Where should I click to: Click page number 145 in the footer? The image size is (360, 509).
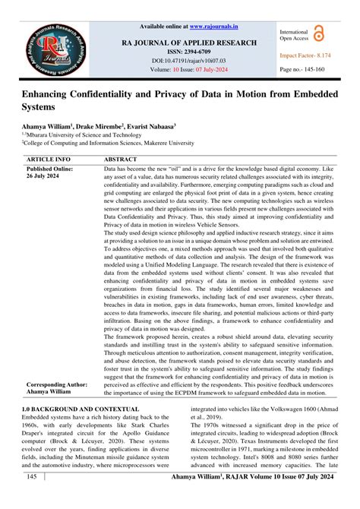[31, 495]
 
